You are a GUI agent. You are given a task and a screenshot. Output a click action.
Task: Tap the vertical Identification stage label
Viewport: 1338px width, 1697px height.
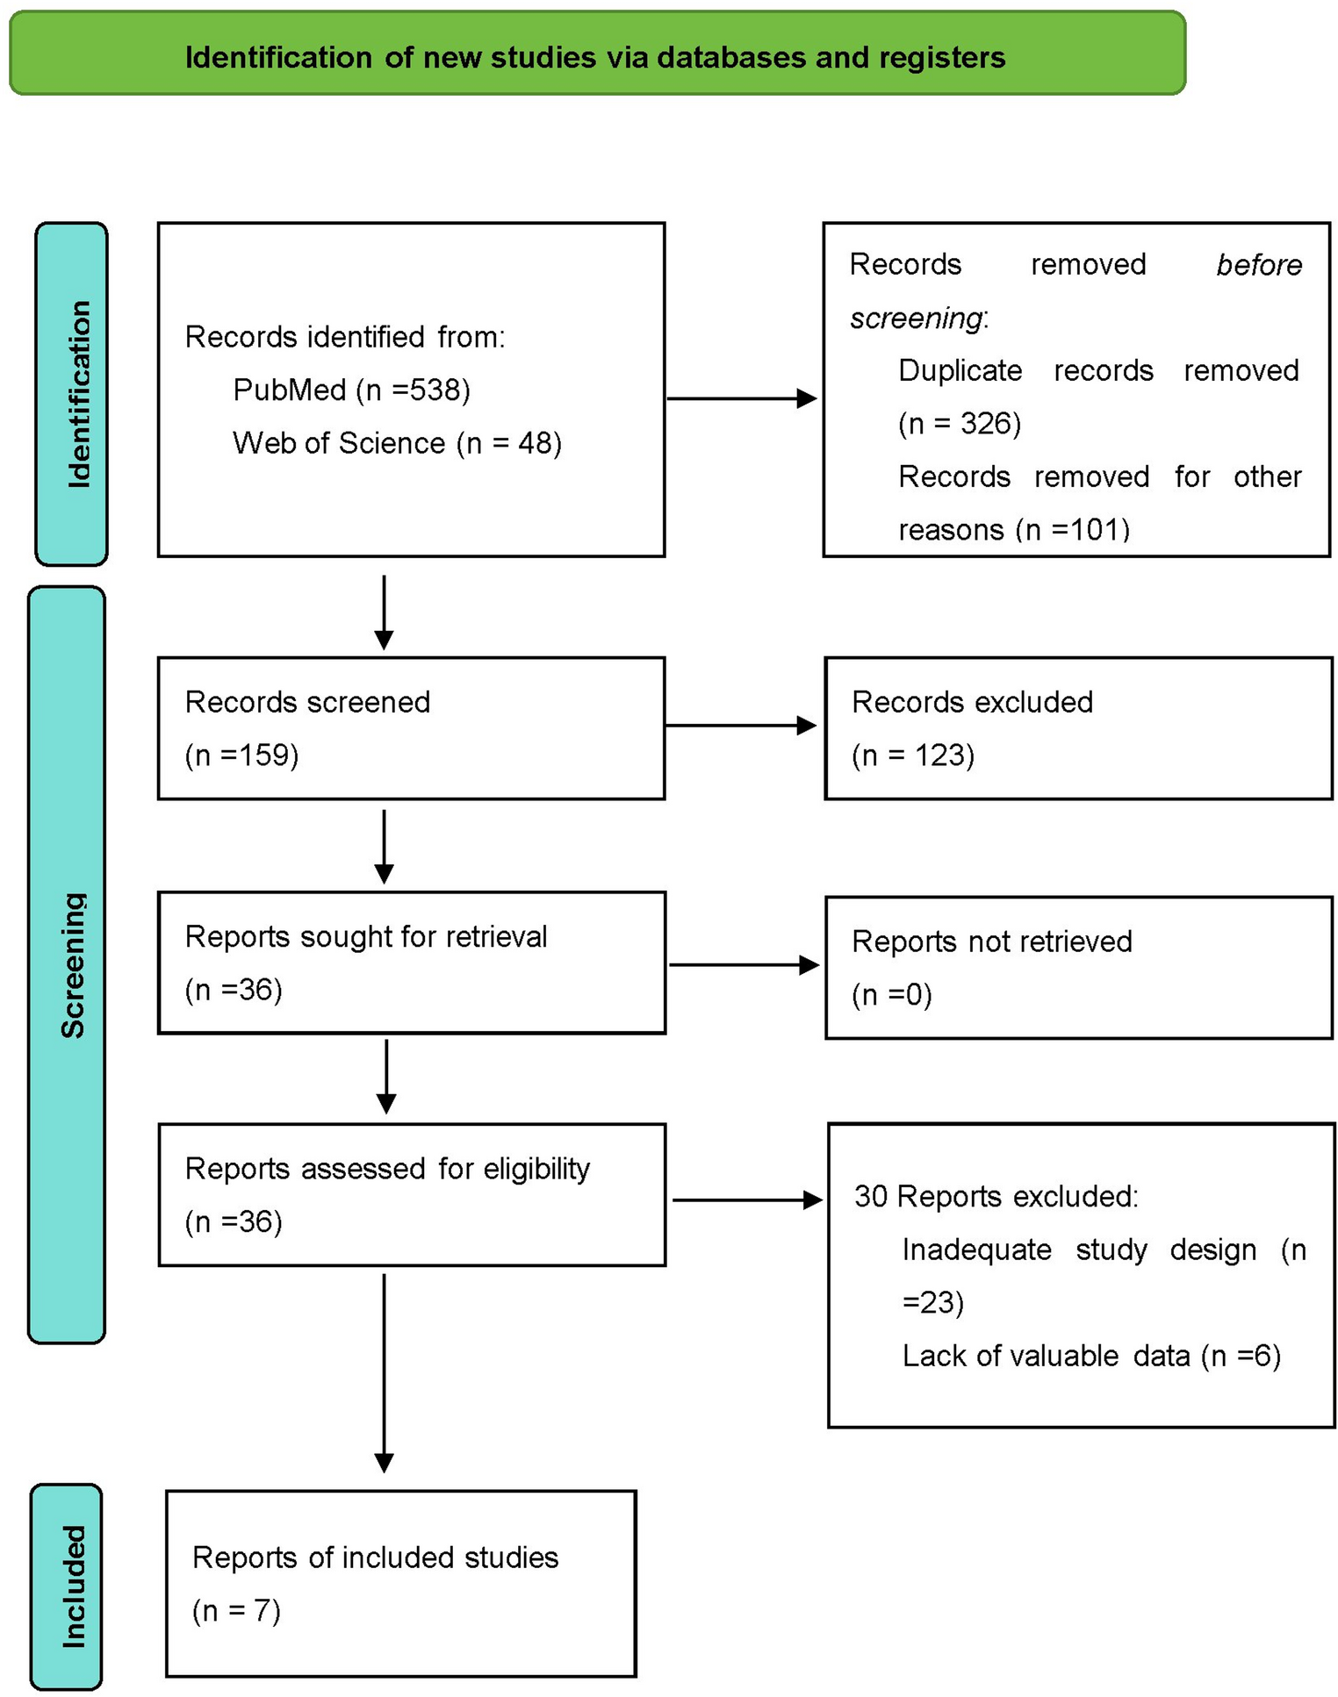(x=72, y=393)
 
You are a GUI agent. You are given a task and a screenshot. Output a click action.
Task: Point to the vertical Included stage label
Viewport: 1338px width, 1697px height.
(x=67, y=1586)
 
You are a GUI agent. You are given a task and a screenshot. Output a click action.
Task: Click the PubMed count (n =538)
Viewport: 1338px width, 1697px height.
(x=413, y=390)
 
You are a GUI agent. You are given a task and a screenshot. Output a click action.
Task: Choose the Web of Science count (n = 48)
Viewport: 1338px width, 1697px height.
(x=508, y=443)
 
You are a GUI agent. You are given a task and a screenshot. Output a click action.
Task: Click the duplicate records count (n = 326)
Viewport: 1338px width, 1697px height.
(x=959, y=424)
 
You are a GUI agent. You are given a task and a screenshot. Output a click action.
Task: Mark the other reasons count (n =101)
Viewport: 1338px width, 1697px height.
(x=1072, y=529)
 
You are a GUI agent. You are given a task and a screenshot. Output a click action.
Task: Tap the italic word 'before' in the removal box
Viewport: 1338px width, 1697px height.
(x=1258, y=265)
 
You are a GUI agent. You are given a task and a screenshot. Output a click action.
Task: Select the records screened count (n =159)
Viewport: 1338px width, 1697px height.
(x=241, y=755)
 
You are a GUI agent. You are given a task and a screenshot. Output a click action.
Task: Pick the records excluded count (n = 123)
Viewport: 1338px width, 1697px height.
(x=912, y=755)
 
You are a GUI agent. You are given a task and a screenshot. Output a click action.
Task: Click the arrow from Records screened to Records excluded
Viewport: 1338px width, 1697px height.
(x=741, y=725)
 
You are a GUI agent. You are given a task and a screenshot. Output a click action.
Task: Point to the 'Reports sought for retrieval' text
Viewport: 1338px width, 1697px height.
(x=365, y=936)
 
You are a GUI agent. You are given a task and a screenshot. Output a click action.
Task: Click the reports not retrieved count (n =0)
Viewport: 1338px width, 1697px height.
(x=891, y=994)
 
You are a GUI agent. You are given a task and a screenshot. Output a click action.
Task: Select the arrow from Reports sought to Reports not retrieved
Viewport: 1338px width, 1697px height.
(x=744, y=964)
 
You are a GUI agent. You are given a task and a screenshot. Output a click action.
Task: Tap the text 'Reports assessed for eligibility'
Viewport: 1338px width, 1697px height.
(x=386, y=1168)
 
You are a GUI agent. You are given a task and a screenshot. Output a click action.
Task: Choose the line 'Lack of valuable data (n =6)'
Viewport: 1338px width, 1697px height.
(x=1090, y=1356)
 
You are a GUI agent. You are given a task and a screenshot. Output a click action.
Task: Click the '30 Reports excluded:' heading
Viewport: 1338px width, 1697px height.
(x=996, y=1196)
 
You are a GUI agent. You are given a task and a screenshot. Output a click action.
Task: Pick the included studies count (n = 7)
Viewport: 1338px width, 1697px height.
(x=236, y=1610)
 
